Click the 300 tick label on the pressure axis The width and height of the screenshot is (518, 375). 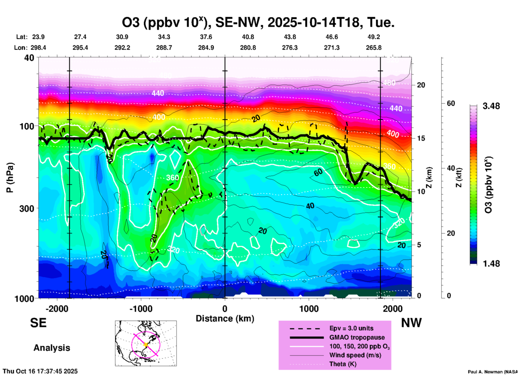tap(27, 208)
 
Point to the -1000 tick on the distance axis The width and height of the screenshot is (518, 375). tap(141, 309)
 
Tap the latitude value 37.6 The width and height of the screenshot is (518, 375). tap(206, 37)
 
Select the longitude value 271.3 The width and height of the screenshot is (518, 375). tap(332, 48)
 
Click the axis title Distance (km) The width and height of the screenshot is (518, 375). tap(225, 319)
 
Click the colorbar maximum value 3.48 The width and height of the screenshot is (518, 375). tap(491, 106)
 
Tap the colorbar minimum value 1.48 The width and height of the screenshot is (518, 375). tap(491, 264)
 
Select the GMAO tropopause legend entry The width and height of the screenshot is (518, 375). tap(357, 337)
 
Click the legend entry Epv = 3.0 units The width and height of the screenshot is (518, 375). tap(351, 328)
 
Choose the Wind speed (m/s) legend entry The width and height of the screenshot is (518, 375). tap(355, 355)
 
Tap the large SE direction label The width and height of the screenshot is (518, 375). tap(38, 323)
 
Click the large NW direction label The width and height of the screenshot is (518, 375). tap(411, 323)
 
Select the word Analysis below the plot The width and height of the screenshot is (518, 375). tap(52, 348)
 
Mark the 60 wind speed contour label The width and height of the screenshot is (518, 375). tap(318, 172)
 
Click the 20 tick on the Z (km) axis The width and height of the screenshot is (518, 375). tap(421, 85)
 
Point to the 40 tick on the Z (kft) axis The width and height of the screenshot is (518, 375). tap(451, 168)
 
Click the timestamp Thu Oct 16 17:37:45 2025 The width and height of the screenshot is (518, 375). tap(40, 371)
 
